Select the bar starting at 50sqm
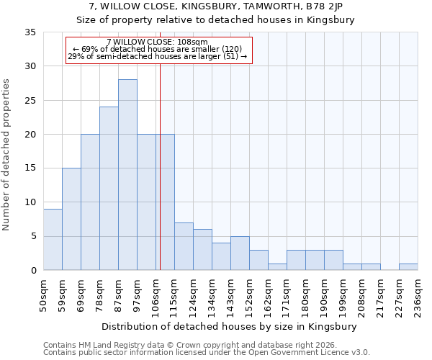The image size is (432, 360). point(53,240)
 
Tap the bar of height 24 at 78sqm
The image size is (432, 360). point(109,189)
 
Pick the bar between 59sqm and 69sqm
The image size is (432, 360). point(71,220)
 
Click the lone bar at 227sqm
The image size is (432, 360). point(408,267)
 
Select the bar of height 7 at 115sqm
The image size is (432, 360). point(184,246)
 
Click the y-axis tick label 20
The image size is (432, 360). point(30,135)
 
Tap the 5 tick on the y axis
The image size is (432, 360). point(33,237)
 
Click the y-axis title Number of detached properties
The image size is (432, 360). point(7,155)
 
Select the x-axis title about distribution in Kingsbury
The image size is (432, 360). point(230,326)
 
